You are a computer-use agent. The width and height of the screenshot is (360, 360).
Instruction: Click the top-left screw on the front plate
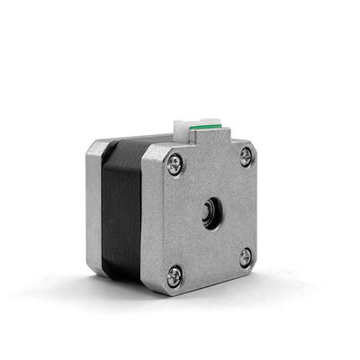[x=174, y=163]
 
